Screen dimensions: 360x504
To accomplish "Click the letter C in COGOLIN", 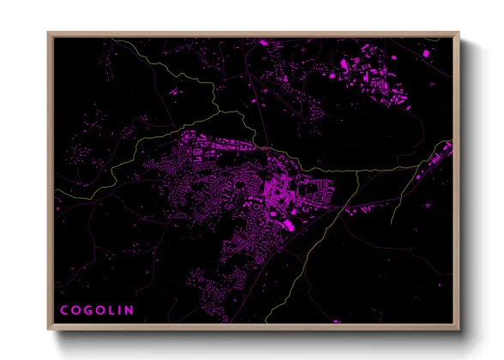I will [x=64, y=310].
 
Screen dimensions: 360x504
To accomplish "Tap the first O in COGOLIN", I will [x=76, y=310].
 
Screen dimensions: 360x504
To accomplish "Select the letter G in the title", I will [x=89, y=310].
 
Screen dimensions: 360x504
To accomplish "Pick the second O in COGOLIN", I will [x=102, y=310].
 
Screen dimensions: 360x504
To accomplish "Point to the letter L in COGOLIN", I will [x=113, y=310].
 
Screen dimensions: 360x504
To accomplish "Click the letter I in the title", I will [x=121, y=310].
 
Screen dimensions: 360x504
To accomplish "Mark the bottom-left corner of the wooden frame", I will [x=49, y=329].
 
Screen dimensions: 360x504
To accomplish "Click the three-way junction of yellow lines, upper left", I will [x=220, y=111].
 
